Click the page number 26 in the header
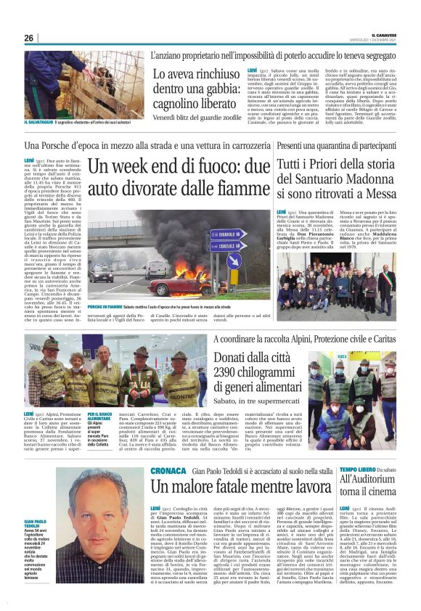point(29,38)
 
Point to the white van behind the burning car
point(155,268)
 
